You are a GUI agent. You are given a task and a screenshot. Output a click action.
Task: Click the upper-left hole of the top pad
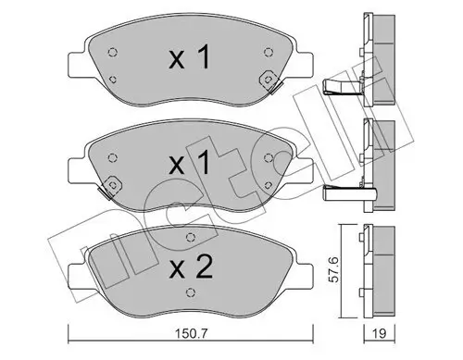pos(112,51)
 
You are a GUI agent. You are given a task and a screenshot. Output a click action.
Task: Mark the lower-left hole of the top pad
pos(113,80)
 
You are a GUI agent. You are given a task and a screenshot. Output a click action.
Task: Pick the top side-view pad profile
pos(375,51)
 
